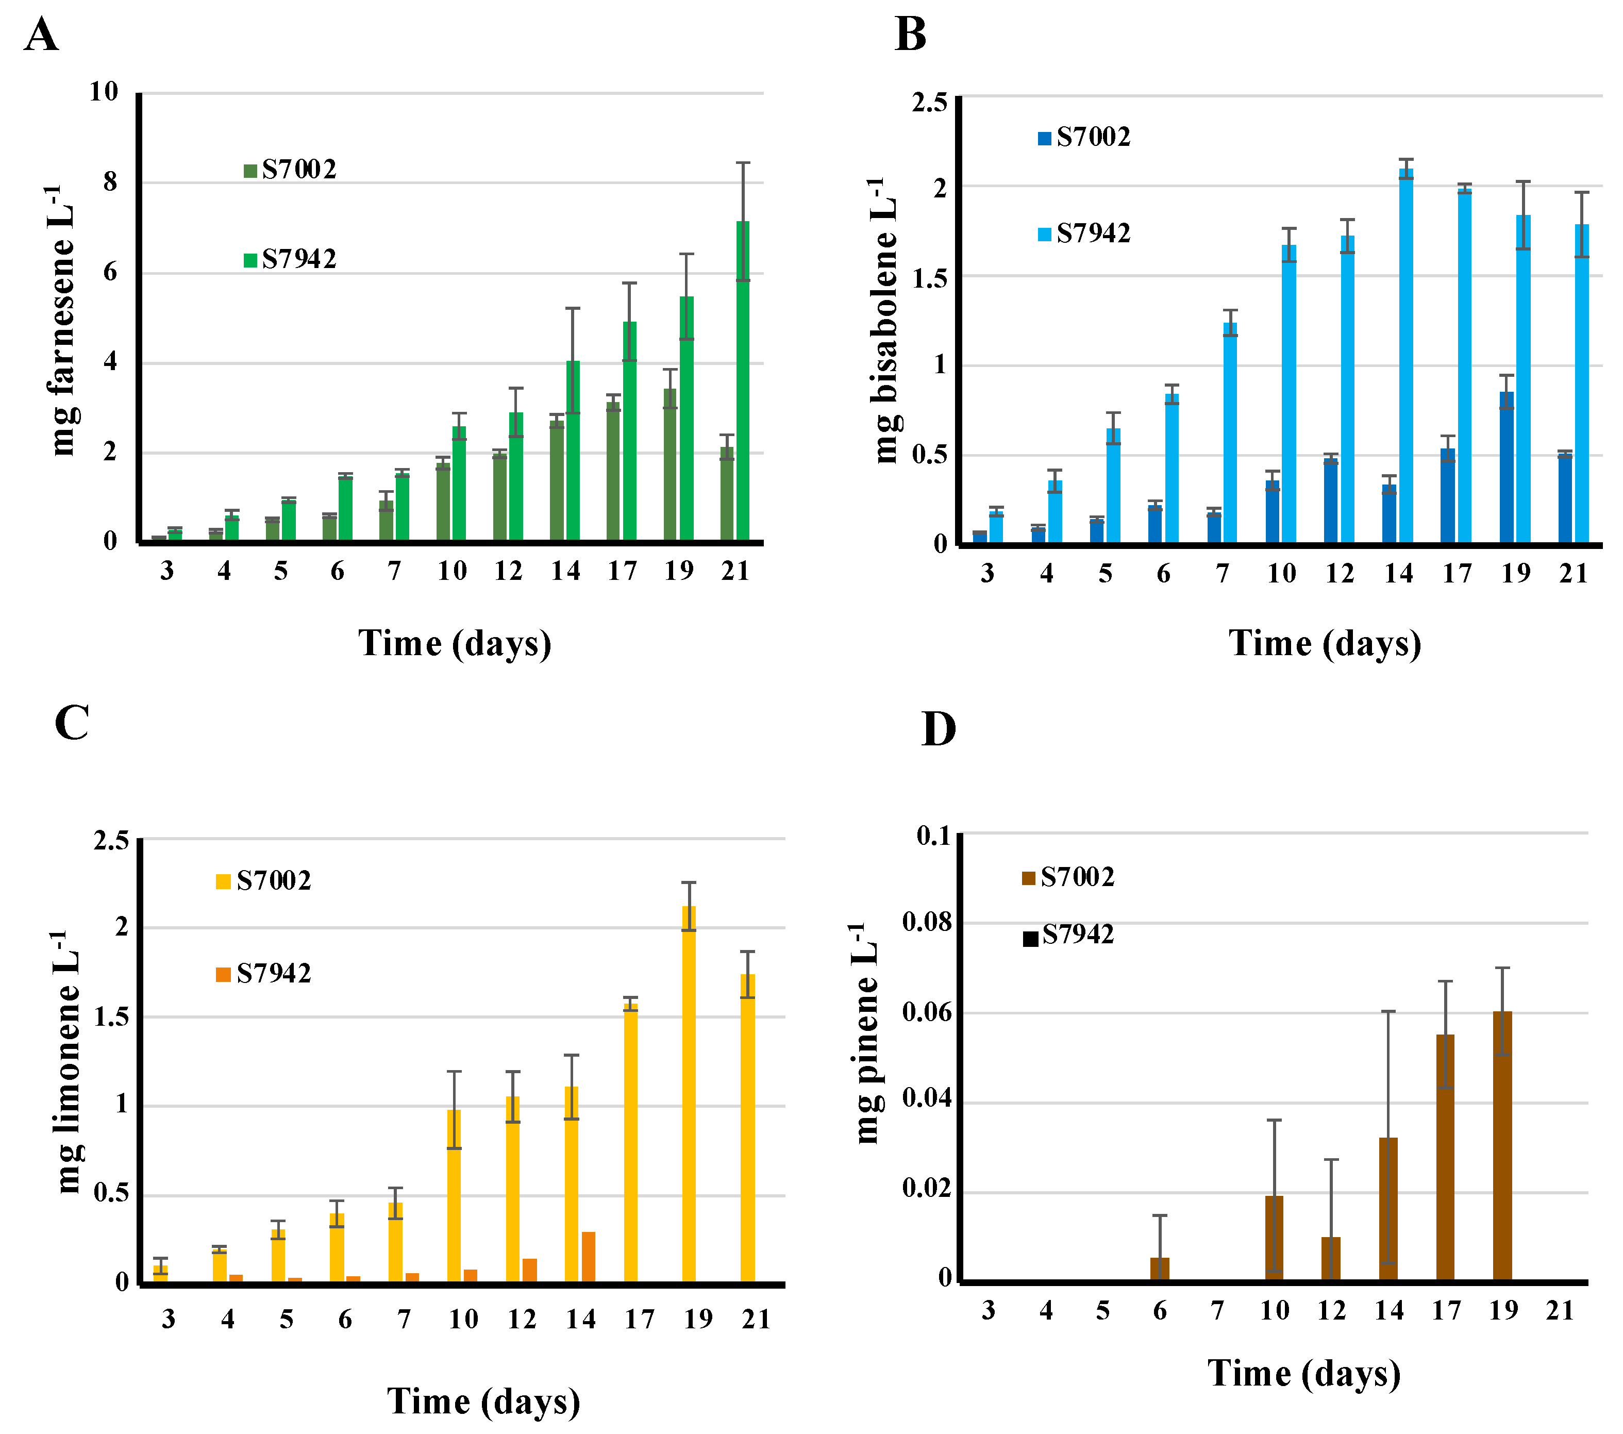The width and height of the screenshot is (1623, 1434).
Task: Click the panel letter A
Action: pyautogui.click(x=41, y=36)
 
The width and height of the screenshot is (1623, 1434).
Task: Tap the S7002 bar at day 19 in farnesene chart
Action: pyautogui.click(x=670, y=465)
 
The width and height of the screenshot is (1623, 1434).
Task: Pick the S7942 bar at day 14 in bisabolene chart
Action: pyautogui.click(x=1406, y=357)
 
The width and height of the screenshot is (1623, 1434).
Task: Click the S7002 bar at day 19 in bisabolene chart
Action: pyautogui.click(x=1507, y=469)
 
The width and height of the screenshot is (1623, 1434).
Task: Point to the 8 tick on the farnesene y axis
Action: pyautogui.click(x=110, y=182)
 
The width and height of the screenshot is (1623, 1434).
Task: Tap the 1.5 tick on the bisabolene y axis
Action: pyautogui.click(x=929, y=277)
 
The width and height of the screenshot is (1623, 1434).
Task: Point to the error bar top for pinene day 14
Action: pyautogui.click(x=1388, y=1011)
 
